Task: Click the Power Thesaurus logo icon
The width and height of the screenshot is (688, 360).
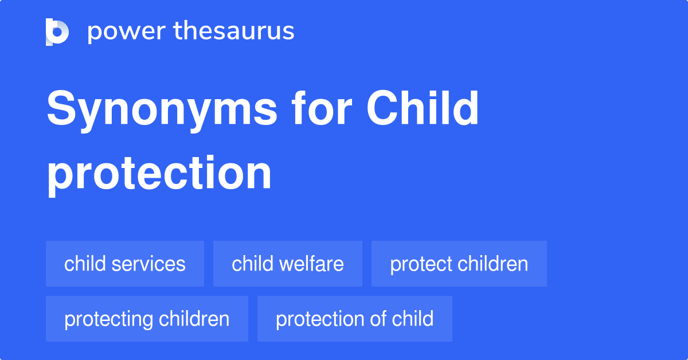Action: pos(57,32)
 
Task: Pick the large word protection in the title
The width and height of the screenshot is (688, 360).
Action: pos(159,173)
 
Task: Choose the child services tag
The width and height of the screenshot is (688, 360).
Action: pos(125,264)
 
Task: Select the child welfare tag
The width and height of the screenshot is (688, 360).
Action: pos(288,264)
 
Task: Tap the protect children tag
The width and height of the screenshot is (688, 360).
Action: pos(459,264)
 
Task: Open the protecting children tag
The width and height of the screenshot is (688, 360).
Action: pos(147,319)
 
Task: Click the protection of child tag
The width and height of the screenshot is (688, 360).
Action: pos(355,319)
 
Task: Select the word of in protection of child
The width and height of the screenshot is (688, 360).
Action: pos(378,319)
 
